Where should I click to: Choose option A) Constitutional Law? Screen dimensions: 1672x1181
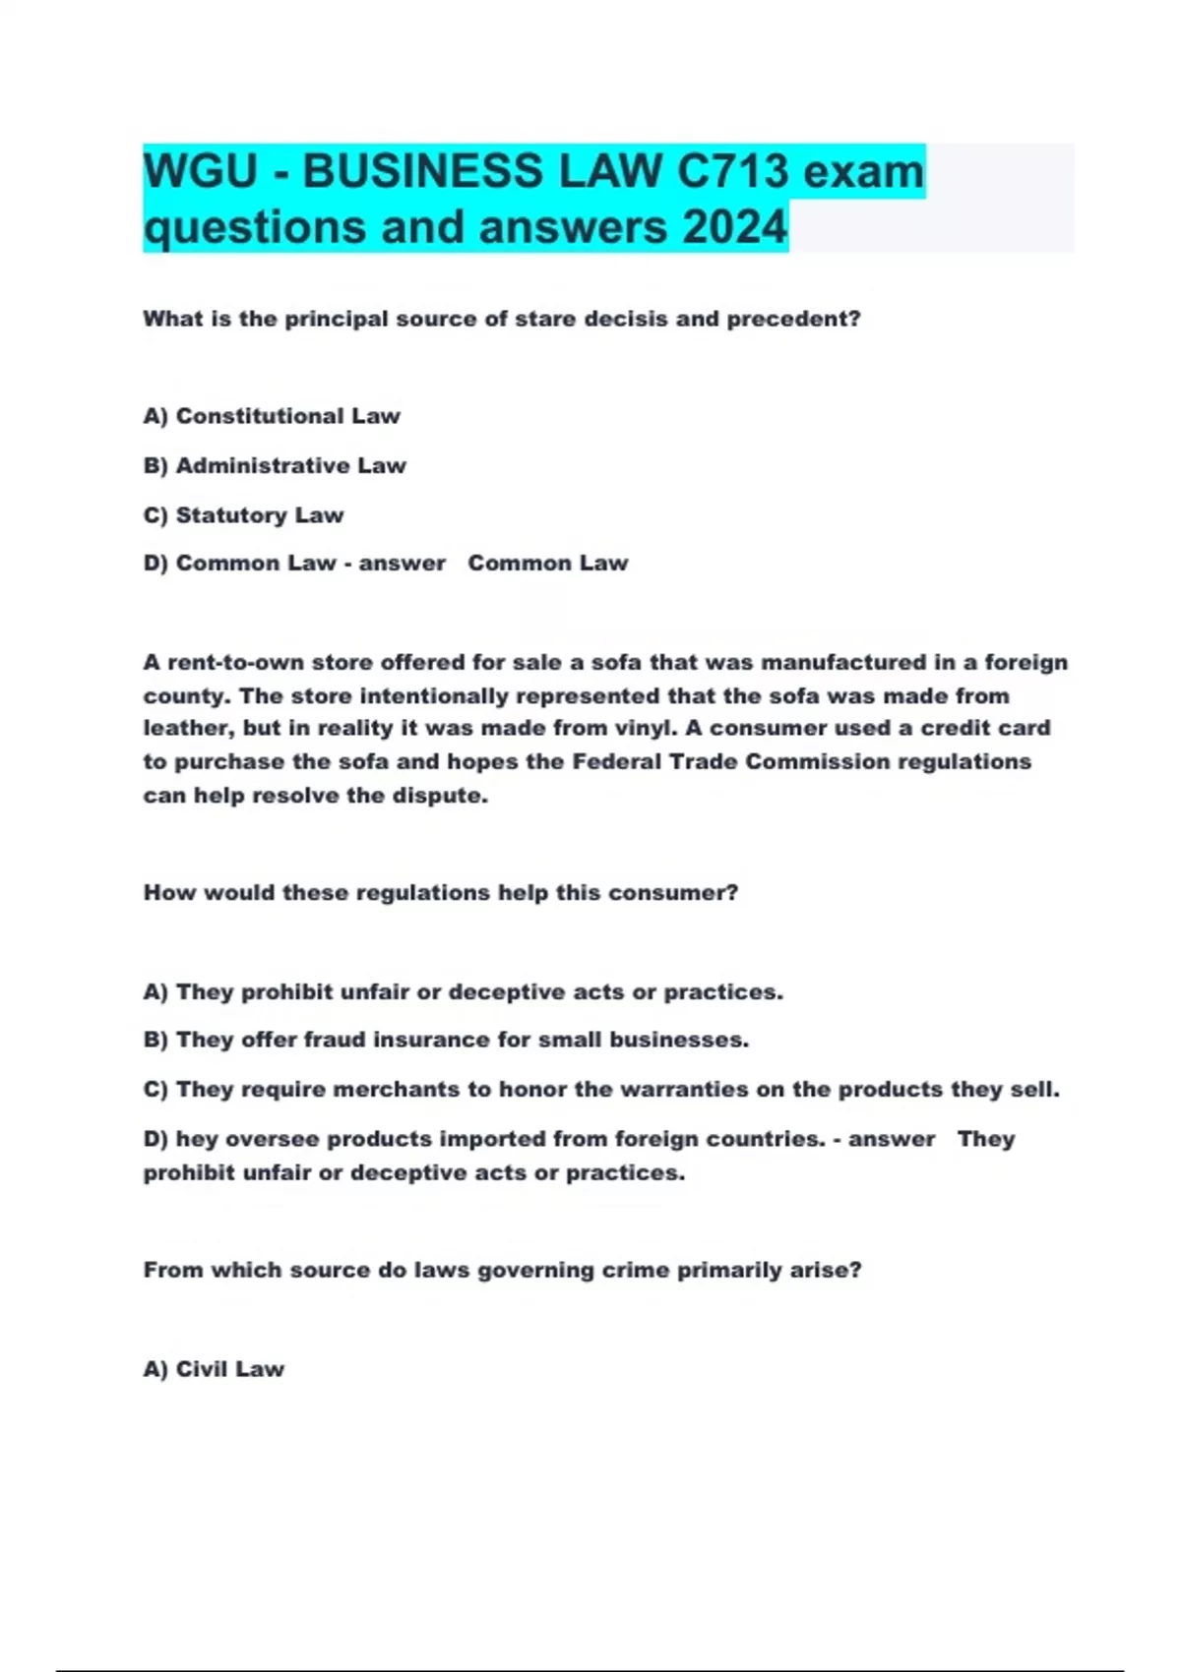272,416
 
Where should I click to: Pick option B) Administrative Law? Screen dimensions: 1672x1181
275,465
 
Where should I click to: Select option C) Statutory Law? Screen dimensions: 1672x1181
244,514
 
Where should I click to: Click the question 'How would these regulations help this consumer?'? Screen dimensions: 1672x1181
440,892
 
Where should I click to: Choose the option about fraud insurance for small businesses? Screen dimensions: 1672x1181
446,1040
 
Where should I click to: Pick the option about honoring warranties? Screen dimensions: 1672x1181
601,1089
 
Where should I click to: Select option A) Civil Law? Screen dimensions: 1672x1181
214,1368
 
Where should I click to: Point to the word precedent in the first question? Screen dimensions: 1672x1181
793,319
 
